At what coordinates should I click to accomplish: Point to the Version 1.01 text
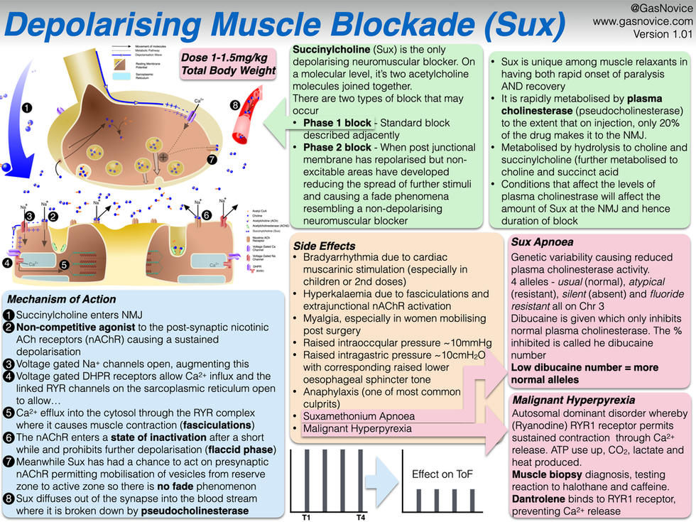(651, 33)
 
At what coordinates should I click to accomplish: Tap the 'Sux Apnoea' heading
(544, 241)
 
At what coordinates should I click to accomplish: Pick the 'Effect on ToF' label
(442, 474)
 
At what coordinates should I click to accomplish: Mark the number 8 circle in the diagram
(235, 106)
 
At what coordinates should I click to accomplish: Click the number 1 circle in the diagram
(27, 109)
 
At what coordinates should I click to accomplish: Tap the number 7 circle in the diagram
(212, 160)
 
